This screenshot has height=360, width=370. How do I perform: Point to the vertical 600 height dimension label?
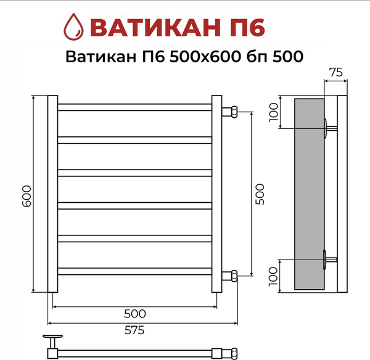coord(26,195)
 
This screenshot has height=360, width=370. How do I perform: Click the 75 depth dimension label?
coord(335,72)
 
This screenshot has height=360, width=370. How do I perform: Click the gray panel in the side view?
coord(309,194)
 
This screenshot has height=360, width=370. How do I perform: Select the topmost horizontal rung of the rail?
coord(134,107)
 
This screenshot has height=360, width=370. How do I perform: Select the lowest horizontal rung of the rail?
coord(134,271)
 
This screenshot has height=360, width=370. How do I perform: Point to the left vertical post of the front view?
coord(52,194)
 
